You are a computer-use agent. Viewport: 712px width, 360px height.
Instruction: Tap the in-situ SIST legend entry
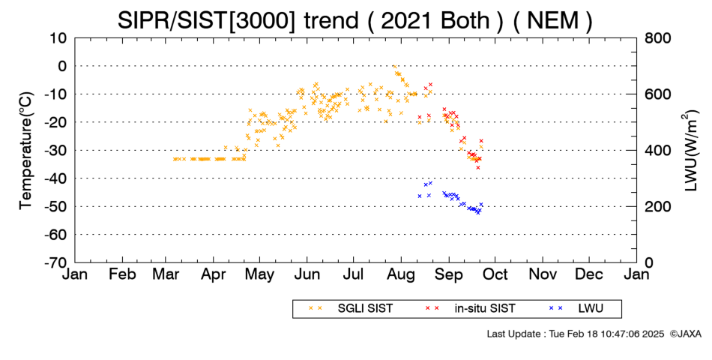pyautogui.click(x=470, y=309)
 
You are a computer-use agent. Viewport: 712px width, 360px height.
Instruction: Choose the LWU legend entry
pyautogui.click(x=576, y=309)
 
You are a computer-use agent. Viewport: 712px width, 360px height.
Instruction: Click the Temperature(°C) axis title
pyautogui.click(x=26, y=151)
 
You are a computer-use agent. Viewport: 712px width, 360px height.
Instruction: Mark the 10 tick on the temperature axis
pyautogui.click(x=59, y=38)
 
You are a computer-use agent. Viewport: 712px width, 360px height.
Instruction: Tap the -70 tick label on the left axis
pyautogui.click(x=55, y=262)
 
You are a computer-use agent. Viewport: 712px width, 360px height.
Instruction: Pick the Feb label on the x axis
pyautogui.click(x=122, y=274)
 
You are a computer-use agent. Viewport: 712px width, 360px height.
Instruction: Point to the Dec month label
pyautogui.click(x=589, y=274)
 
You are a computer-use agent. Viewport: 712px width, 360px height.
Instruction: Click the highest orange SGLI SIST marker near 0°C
pyautogui.click(x=394, y=66)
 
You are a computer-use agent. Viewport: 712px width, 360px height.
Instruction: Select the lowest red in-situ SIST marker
pyautogui.click(x=477, y=168)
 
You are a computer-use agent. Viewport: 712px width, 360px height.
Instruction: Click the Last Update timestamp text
pyautogui.click(x=576, y=334)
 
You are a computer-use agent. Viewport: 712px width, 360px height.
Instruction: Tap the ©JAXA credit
pyautogui.click(x=685, y=334)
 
